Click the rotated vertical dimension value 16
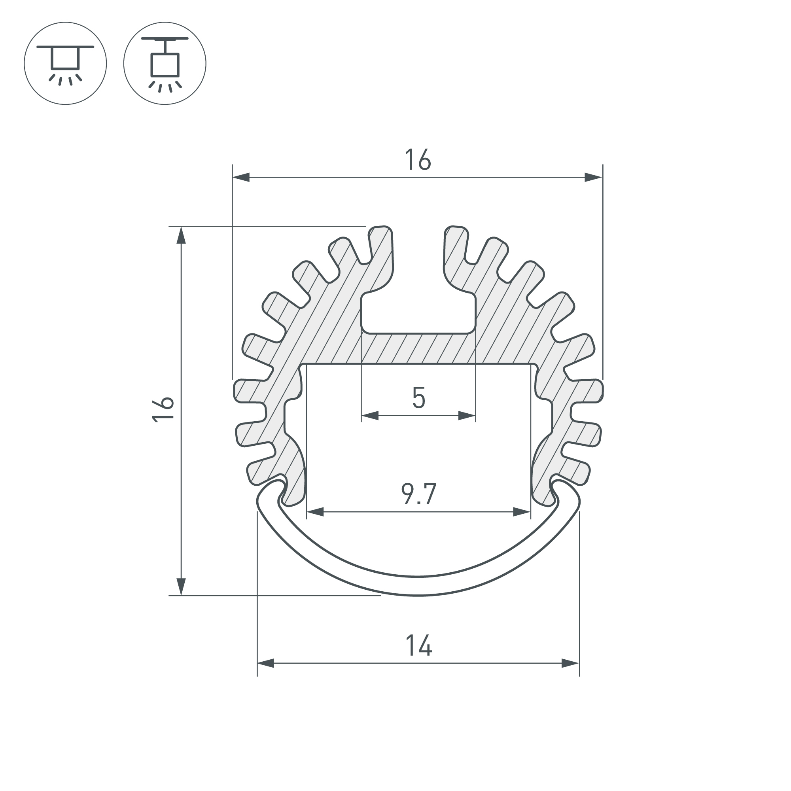pyautogui.click(x=163, y=409)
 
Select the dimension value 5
pyautogui.click(x=418, y=397)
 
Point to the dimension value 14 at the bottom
pyautogui.click(x=419, y=646)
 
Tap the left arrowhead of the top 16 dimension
pyautogui.click(x=241, y=177)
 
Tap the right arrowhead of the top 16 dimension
pyautogui.click(x=593, y=177)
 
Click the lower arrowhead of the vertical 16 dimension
pyautogui.click(x=181, y=586)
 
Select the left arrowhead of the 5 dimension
pyautogui.click(x=370, y=416)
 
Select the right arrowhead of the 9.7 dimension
pyautogui.click(x=522, y=512)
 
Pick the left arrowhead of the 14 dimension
pyautogui.click(x=266, y=663)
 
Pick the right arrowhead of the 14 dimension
pyautogui.click(x=570, y=663)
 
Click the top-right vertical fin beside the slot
pyautogui.click(x=455, y=254)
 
